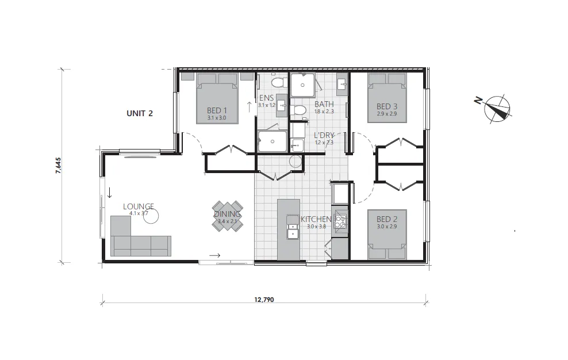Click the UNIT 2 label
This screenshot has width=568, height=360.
coord(139,113)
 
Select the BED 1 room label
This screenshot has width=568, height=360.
coord(217,111)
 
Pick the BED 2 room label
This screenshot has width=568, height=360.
coord(387,219)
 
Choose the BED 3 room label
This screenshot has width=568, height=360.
coord(387,106)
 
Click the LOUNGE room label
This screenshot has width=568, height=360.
coord(139,206)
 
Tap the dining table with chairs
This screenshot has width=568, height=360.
coord(228,216)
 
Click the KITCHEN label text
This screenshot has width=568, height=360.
coord(316,219)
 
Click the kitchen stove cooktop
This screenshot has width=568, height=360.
coord(340,223)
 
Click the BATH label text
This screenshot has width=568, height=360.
coord(324,104)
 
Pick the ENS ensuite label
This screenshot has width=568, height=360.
coord(266,98)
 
